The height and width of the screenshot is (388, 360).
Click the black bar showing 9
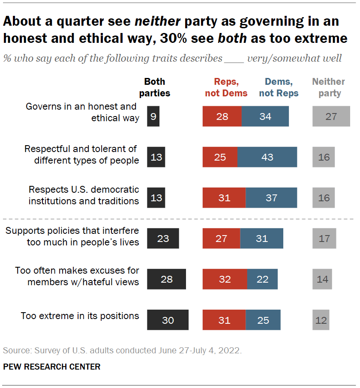[153, 116]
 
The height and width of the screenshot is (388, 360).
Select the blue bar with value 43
[267, 157]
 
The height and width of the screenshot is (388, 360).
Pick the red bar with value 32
[225, 279]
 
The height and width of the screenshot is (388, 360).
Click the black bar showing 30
[168, 320]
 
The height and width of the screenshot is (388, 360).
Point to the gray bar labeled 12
[321, 320]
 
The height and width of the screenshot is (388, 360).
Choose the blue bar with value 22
[262, 279]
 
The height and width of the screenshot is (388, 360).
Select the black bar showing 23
[163, 239]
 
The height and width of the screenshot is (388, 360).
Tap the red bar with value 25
[220, 157]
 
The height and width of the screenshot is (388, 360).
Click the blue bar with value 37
[271, 198]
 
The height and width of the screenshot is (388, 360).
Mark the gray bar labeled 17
[324, 239]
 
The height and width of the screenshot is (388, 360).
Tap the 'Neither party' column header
[328, 87]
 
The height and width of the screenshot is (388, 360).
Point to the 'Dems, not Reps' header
[279, 87]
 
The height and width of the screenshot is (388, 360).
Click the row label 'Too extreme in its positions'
[80, 316]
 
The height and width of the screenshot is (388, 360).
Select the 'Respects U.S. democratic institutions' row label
[84, 195]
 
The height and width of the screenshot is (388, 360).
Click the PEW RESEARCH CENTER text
[52, 367]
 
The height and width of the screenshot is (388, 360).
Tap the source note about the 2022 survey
[123, 350]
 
